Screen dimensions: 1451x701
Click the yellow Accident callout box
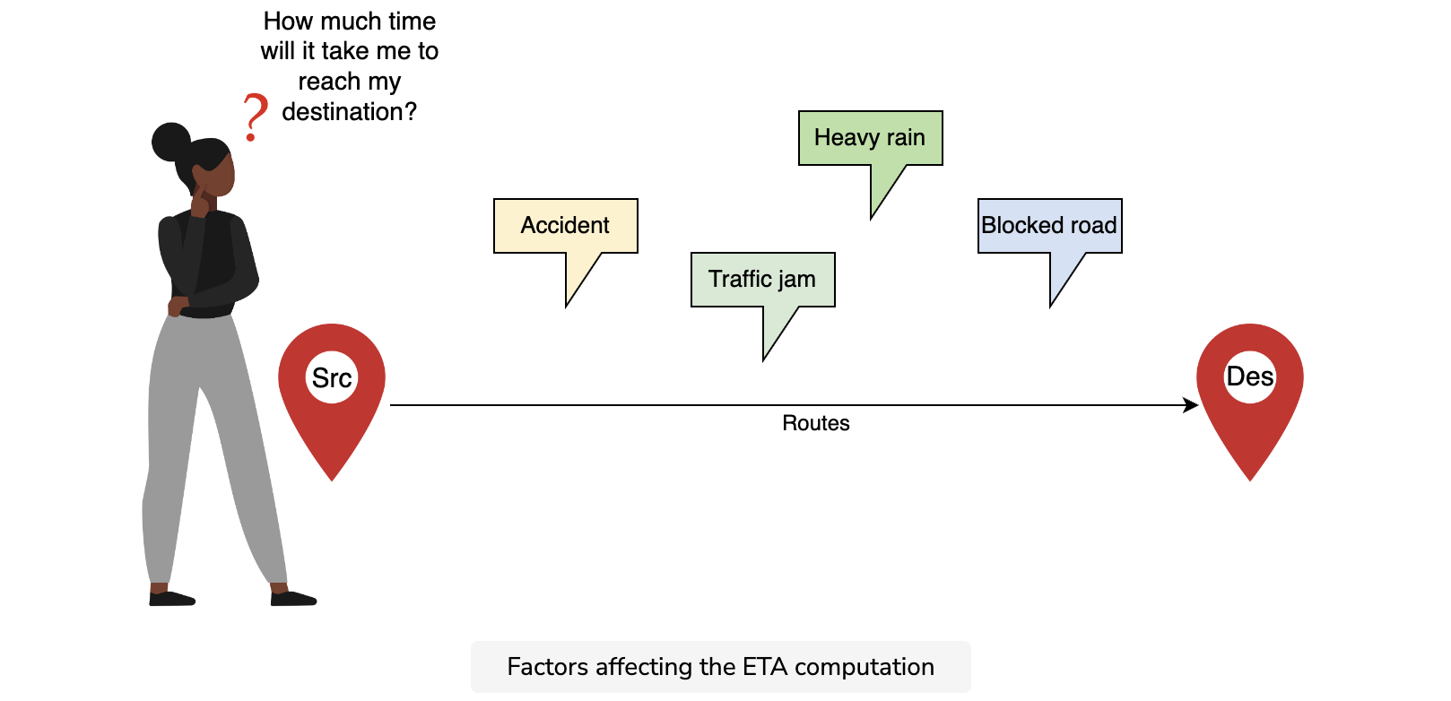[566, 226]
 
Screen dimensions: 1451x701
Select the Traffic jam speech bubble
[763, 280]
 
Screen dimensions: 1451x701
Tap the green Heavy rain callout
[871, 138]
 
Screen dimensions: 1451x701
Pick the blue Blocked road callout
[1050, 226]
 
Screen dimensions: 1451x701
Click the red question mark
[255, 117]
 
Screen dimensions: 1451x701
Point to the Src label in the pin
[332, 378]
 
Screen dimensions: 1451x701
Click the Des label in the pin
[1250, 376]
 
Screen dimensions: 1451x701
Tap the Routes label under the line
[815, 423]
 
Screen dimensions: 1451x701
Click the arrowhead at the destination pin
[1191, 405]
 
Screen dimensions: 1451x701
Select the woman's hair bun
[171, 142]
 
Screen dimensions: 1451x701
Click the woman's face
[217, 174]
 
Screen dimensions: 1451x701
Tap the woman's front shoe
[293, 599]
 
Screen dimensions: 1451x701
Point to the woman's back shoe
[171, 599]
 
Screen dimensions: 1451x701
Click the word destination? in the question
[349, 113]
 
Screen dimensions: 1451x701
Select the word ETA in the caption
[764, 667]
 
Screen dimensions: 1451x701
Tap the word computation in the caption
[865, 668]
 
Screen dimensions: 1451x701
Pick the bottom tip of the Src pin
[332, 480]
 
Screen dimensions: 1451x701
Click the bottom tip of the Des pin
[1250, 480]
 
